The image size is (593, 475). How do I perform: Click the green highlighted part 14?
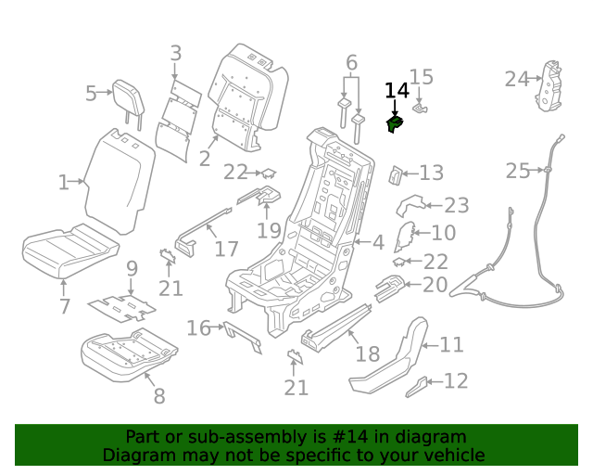[395, 124]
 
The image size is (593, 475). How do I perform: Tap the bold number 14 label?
[396, 90]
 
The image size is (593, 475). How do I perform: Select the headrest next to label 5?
[126, 93]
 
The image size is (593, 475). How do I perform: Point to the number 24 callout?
[516, 80]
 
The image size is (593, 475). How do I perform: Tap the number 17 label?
[227, 249]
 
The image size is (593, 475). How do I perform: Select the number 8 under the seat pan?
[159, 396]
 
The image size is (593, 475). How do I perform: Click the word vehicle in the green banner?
[453, 456]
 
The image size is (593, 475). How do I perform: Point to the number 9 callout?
[132, 269]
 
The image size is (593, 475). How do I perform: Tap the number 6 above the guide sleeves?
[351, 63]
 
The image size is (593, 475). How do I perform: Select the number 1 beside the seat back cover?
[63, 183]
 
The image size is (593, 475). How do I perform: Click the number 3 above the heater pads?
[176, 55]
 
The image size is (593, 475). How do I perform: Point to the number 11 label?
[451, 345]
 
